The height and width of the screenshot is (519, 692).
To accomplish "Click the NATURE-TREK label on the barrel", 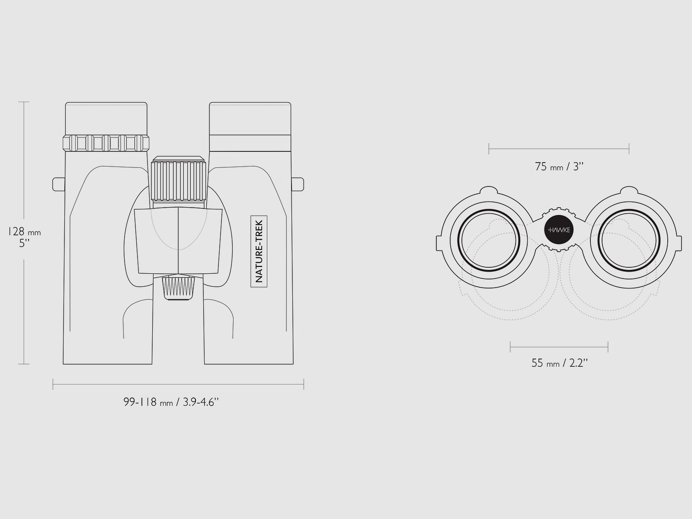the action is click(259, 251).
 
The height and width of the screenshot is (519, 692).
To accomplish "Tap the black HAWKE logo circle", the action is click(559, 230).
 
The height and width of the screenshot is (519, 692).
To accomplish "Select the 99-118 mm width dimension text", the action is click(171, 402).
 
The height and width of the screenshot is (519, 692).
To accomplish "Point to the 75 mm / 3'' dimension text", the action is click(559, 167).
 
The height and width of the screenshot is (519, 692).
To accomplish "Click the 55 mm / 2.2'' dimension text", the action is click(560, 363).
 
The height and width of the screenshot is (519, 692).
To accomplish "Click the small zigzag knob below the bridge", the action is click(179, 287).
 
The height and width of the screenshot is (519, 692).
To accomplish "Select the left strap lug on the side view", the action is click(59, 184).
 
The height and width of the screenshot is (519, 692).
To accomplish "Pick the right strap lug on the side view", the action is click(298, 184).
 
